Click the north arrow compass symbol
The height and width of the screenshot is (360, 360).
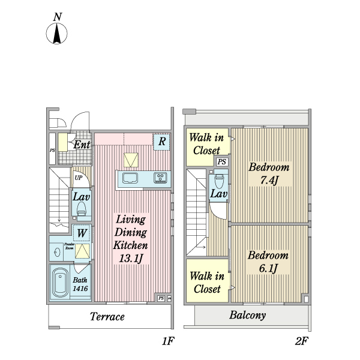pyautogui.click(x=56, y=34)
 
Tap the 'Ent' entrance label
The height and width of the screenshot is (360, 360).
pyautogui.click(x=82, y=145)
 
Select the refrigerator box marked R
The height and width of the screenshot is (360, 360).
pyautogui.click(x=161, y=142)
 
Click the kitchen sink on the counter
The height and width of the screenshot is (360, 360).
pyautogui.click(x=130, y=177)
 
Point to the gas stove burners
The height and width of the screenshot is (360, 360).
pyautogui.click(x=160, y=177)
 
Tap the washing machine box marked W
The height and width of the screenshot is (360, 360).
pyautogui.click(x=82, y=233)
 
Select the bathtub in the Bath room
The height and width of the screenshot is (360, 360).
pyautogui.click(x=61, y=283)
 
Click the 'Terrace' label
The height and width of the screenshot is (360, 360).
pyautogui.click(x=107, y=316)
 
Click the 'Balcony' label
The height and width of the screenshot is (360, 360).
pyautogui.click(x=247, y=315)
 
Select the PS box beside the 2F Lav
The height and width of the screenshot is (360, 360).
pyautogui.click(x=221, y=162)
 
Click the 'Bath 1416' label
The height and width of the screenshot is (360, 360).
pyautogui.click(x=80, y=284)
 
